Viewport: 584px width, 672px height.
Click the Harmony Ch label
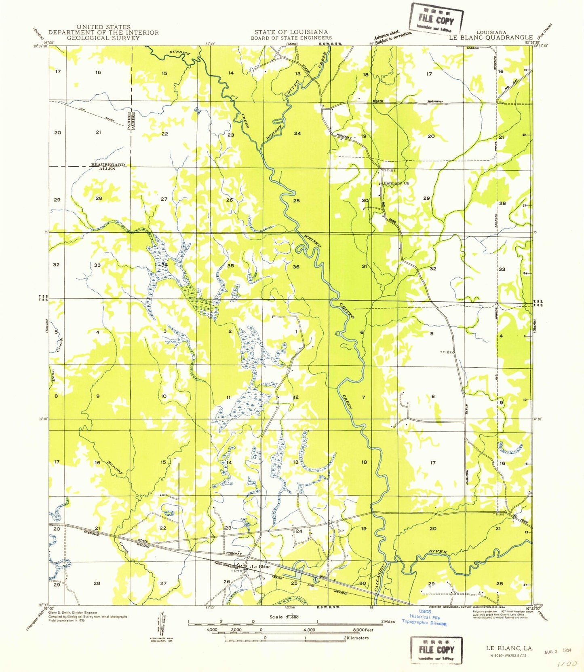point(396,183)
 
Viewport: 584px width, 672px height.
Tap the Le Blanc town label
point(261,567)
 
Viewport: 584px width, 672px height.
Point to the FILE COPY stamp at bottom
point(436,650)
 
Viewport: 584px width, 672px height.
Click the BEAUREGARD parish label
point(108,165)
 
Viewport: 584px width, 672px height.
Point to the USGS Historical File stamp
point(424,617)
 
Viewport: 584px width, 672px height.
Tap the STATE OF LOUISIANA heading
point(291,32)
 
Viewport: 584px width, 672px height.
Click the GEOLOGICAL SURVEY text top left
point(103,38)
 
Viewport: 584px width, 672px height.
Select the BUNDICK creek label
point(179,53)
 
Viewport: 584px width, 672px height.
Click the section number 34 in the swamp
point(164,265)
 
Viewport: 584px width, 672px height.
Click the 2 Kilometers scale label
point(356,638)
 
